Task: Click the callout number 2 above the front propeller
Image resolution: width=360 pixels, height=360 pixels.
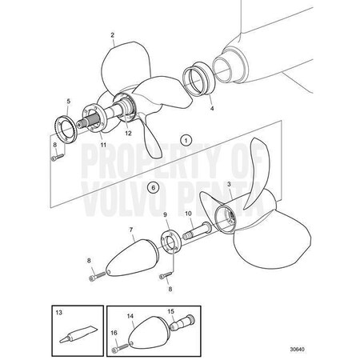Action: [113, 34]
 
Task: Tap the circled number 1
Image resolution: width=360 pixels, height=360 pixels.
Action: [186, 138]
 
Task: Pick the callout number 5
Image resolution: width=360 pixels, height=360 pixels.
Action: [69, 102]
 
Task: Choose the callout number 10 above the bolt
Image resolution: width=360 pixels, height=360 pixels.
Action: [189, 214]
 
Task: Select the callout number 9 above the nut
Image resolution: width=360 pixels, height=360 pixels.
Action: [166, 215]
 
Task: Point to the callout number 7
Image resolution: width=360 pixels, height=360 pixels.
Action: [131, 230]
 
